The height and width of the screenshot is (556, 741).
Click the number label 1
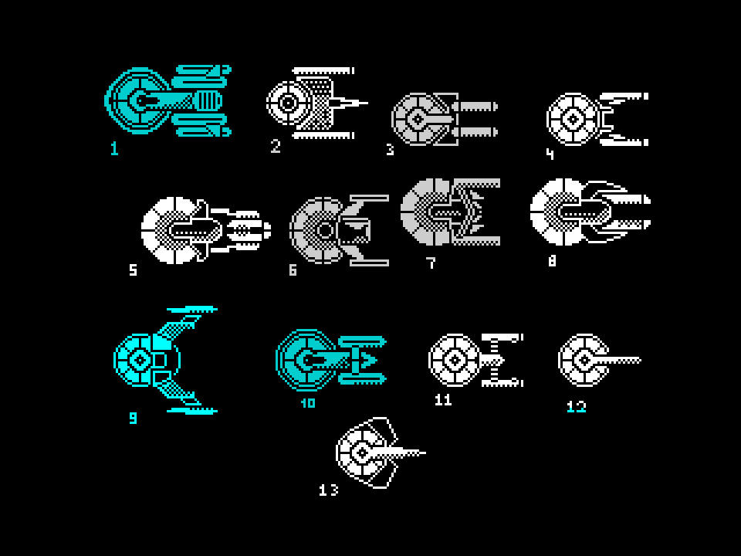point(114,148)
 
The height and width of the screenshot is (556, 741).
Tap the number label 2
point(276,147)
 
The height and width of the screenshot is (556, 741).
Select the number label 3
point(390,150)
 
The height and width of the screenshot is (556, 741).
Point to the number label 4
point(550,154)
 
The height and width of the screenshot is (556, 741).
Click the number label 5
point(133,270)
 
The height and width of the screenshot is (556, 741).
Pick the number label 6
point(293,270)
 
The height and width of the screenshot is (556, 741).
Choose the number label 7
point(431,263)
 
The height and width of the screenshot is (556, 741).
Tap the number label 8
point(552,261)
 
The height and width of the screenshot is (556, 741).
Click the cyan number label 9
point(133,419)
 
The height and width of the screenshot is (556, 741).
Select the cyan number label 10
point(308,403)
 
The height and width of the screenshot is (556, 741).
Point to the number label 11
point(443,400)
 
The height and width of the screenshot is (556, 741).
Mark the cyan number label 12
point(577,406)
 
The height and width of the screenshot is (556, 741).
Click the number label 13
point(329,490)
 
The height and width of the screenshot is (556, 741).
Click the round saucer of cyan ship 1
point(137,101)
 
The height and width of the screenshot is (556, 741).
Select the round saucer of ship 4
point(572,120)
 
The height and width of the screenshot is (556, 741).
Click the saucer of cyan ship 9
point(140,360)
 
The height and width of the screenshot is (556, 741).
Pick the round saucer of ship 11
point(455,360)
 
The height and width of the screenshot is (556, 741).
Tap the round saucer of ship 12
point(583,360)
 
